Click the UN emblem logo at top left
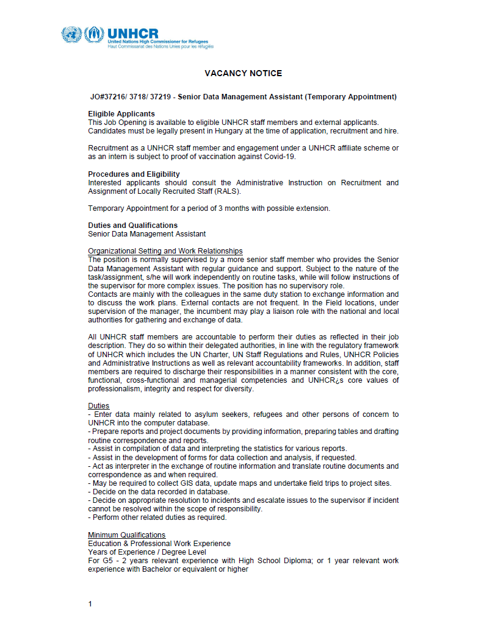click(x=71, y=34)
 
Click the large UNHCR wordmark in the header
click(x=132, y=34)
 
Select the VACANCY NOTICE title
click(x=243, y=73)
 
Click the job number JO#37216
click(x=108, y=97)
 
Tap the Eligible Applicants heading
click(x=121, y=114)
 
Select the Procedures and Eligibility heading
click(x=134, y=174)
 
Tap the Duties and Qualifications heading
click(x=133, y=226)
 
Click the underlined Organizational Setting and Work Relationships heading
click(x=165, y=251)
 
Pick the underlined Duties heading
click(x=99, y=405)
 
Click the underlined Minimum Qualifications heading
click(x=126, y=535)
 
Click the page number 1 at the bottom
click(x=90, y=604)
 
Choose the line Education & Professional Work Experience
click(x=159, y=544)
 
